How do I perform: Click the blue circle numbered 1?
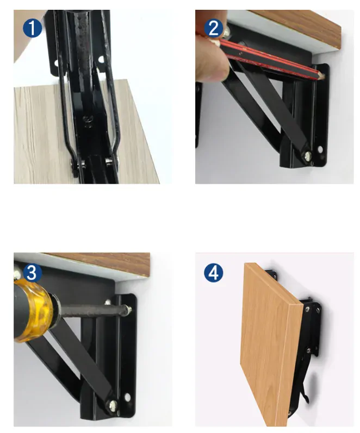pos(32,28)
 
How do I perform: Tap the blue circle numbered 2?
pos(214,28)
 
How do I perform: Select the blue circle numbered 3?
pos(32,273)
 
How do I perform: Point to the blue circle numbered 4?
pos(214,273)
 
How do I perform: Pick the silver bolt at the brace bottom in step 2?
pos(308,156)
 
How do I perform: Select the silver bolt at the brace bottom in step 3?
pos(113,405)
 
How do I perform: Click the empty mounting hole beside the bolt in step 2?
pos(320,149)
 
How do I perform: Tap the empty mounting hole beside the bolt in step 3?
pos(127,398)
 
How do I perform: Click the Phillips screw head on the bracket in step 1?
pos(88,120)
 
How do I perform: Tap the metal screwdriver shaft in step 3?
pos(91,308)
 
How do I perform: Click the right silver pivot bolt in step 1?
pos(109,160)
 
